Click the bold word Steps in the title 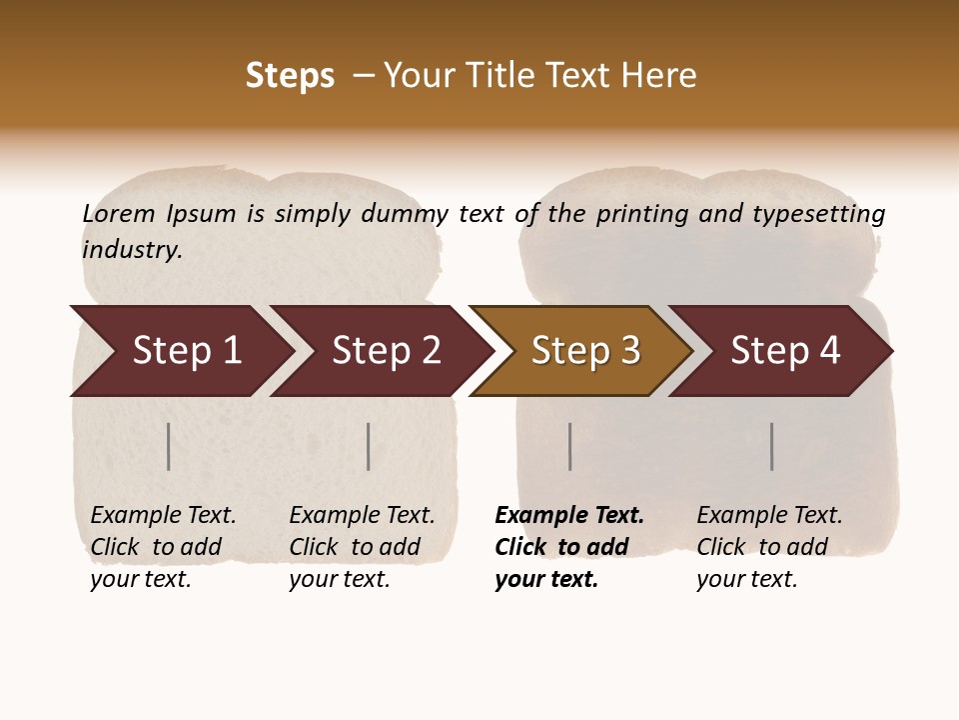(290, 76)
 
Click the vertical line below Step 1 (169, 446)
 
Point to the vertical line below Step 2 (369, 446)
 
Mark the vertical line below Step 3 (570, 446)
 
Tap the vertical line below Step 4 (772, 446)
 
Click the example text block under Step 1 (163, 547)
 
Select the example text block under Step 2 (362, 547)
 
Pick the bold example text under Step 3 (568, 547)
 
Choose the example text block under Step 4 (769, 547)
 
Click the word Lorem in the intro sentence (119, 213)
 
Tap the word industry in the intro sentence (132, 249)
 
